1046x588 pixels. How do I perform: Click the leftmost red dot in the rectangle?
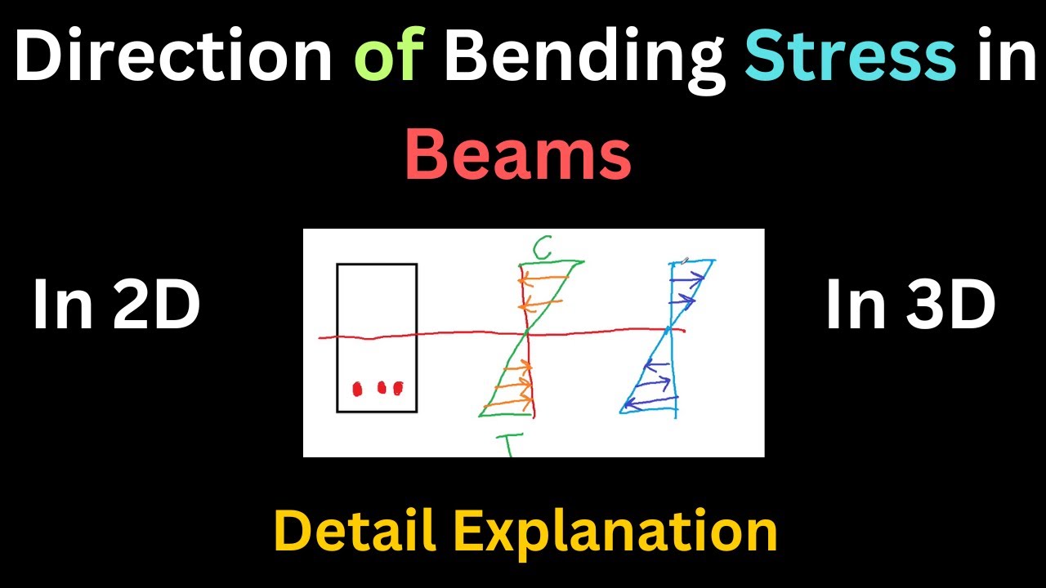(x=357, y=390)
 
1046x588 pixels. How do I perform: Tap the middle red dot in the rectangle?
(x=381, y=387)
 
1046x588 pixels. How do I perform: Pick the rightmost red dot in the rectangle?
(x=398, y=387)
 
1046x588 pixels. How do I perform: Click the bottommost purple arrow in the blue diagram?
(x=650, y=399)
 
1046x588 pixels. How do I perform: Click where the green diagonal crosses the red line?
(x=528, y=333)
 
